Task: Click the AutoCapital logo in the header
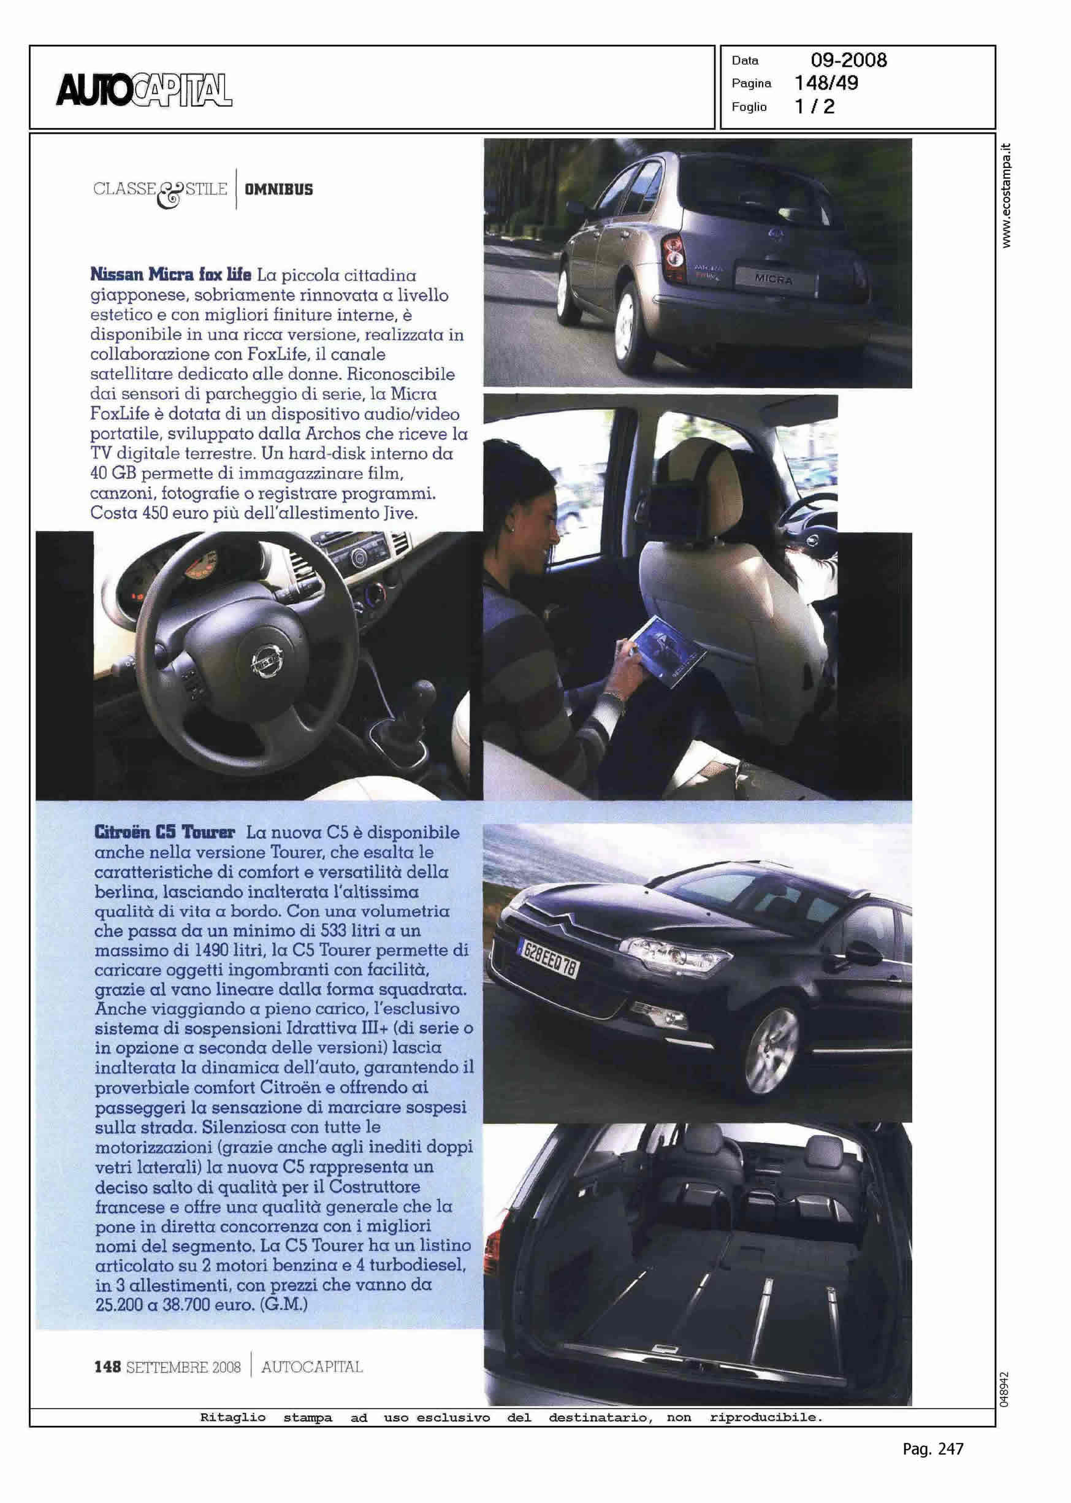click(145, 90)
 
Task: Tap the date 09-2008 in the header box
click(848, 61)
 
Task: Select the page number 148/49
click(826, 83)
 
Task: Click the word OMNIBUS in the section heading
click(279, 190)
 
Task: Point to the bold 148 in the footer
click(107, 1367)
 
